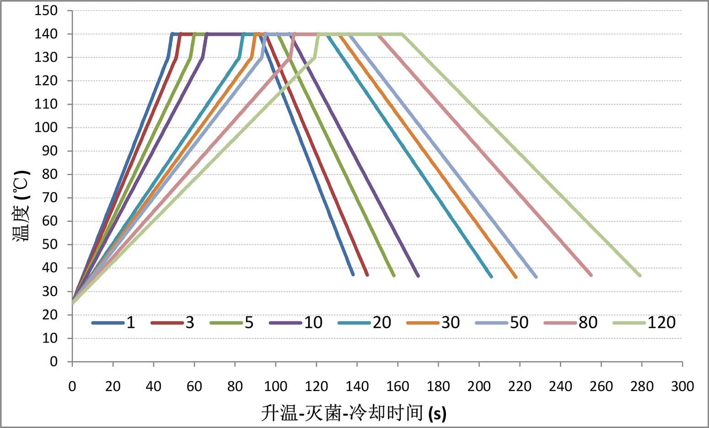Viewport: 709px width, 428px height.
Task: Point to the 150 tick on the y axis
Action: click(46, 11)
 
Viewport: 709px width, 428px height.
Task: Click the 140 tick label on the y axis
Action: click(46, 34)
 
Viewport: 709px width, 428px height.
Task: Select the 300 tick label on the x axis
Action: click(682, 387)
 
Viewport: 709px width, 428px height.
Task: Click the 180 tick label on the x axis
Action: click(438, 387)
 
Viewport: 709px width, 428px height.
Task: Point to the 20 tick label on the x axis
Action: click(113, 387)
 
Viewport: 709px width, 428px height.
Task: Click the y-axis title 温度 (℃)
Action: click(22, 206)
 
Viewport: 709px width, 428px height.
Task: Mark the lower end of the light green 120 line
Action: click(639, 275)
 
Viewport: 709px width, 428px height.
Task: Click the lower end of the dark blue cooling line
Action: click(353, 274)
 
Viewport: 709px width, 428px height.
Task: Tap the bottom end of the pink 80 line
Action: click(591, 275)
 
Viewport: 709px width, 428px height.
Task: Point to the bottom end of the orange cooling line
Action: click(516, 277)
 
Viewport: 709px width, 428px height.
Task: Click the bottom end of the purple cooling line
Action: click(418, 276)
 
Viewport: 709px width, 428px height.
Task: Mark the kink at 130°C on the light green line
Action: click(315, 58)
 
